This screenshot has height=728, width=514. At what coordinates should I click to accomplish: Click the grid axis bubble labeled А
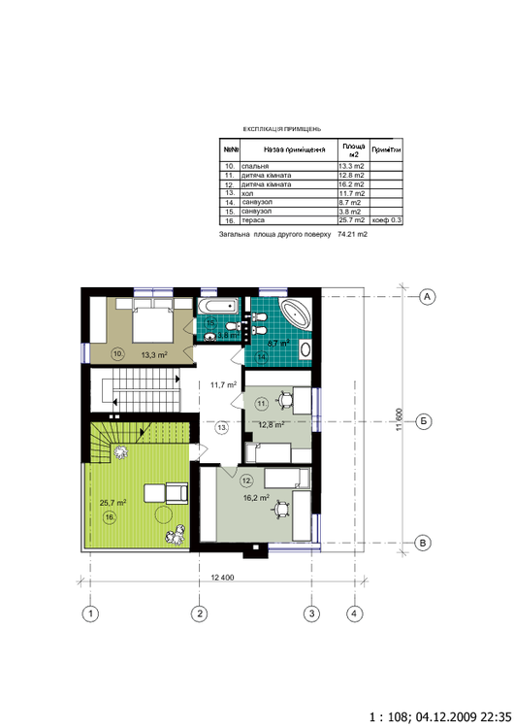(x=426, y=297)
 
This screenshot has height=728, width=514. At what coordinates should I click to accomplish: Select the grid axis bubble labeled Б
(x=426, y=421)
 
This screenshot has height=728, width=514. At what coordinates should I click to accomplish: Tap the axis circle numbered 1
(x=90, y=613)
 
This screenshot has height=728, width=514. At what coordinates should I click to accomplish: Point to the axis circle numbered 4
(x=356, y=613)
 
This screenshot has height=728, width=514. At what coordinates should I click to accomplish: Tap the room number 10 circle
(x=117, y=354)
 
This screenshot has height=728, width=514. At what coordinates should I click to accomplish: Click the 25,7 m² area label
(x=113, y=503)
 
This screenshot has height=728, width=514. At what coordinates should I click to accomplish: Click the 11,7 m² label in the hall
(x=224, y=385)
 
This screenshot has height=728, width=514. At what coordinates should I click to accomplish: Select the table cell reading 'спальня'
(x=287, y=167)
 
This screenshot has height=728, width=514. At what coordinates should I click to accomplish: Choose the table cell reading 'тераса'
(x=287, y=221)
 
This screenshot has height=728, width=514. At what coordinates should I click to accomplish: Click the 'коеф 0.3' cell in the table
(x=386, y=221)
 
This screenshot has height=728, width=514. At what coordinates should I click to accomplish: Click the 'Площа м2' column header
(x=354, y=150)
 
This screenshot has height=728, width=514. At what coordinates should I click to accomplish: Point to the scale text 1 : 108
(x=391, y=712)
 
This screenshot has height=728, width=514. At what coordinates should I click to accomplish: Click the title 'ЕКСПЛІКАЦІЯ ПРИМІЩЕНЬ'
(x=281, y=128)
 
